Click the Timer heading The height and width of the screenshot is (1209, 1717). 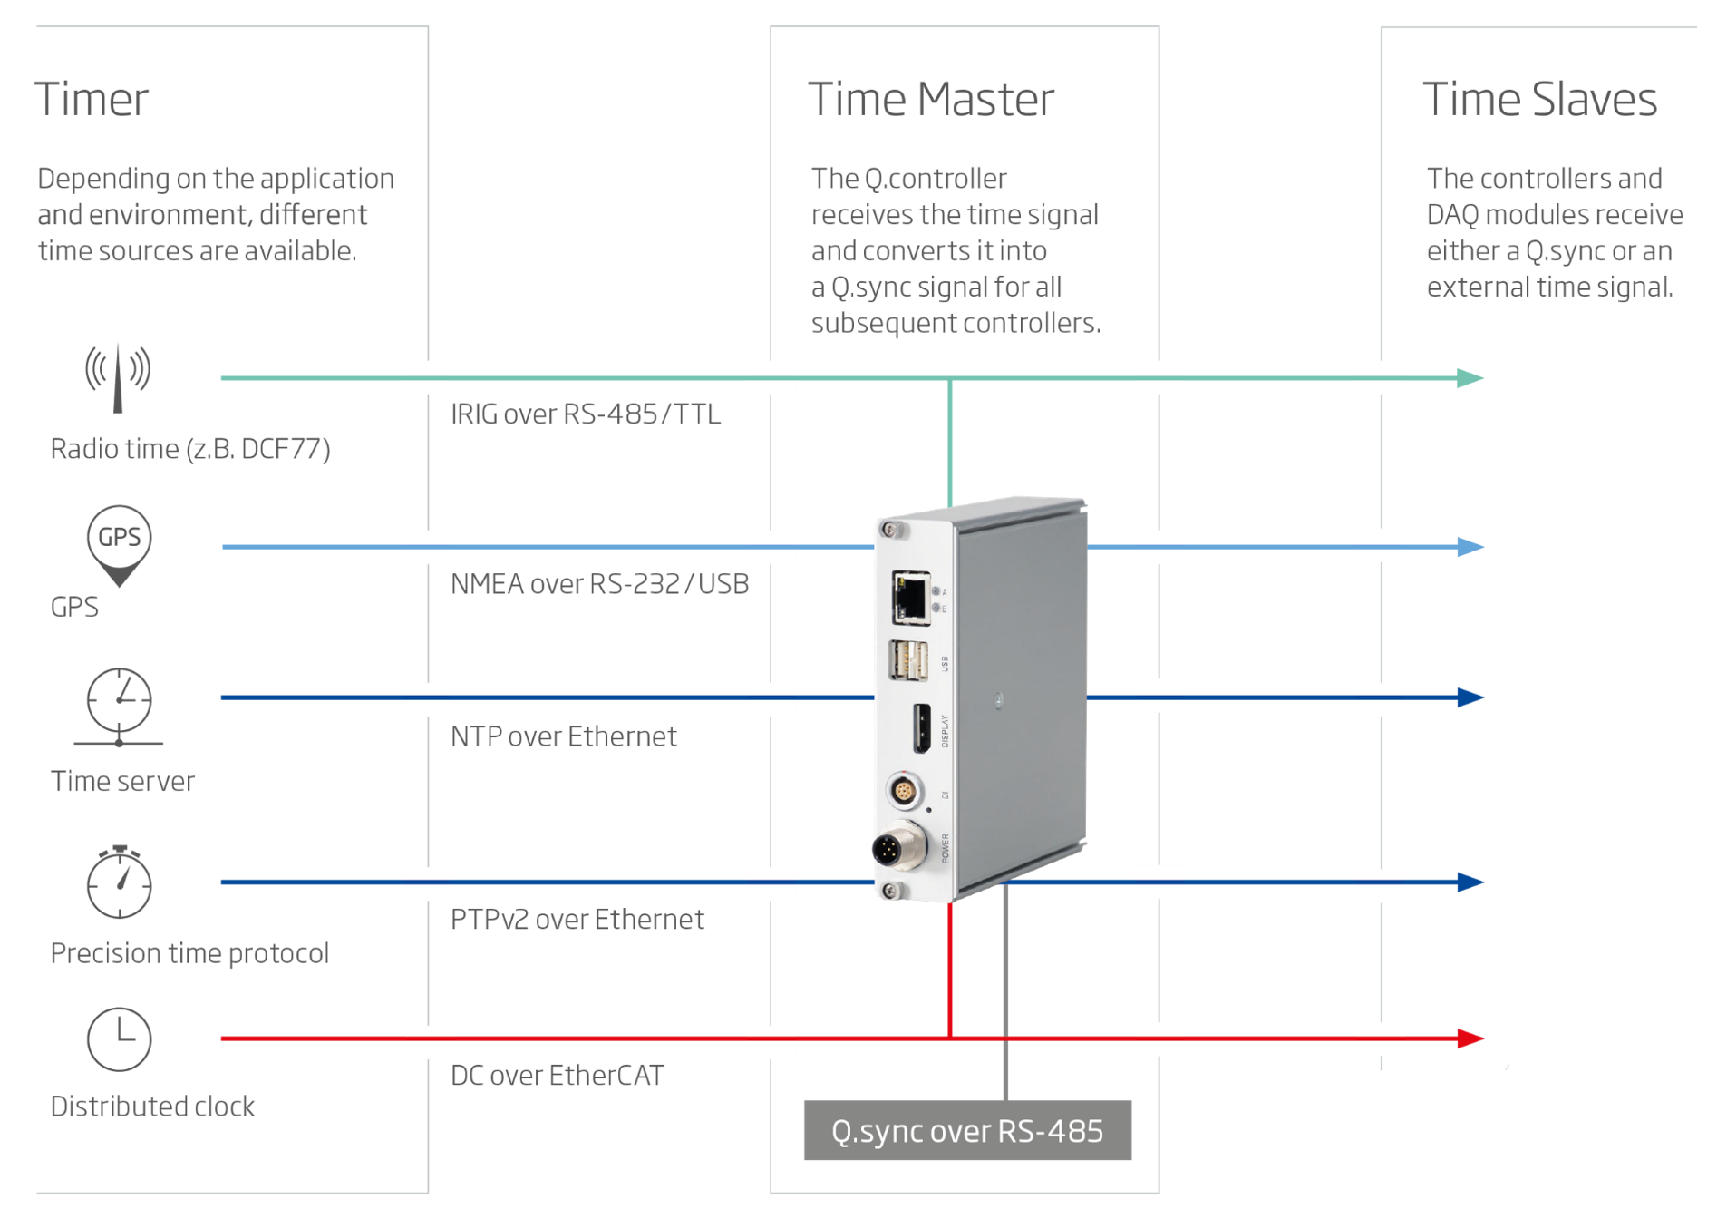point(92,99)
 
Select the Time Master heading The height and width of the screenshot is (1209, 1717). point(931,99)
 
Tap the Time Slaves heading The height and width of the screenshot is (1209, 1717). point(1539,99)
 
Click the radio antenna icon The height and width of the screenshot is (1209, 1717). point(118,378)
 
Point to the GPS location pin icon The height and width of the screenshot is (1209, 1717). point(119,545)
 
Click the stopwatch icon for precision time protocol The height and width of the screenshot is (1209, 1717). point(119,882)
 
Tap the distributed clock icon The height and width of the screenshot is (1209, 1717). point(119,1038)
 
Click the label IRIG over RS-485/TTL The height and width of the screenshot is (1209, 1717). point(586,414)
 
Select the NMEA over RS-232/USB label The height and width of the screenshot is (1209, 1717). point(599,584)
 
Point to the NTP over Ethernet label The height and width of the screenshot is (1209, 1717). point(563,736)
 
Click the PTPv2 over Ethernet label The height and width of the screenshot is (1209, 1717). point(577,920)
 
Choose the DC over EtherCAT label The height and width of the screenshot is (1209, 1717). point(557,1076)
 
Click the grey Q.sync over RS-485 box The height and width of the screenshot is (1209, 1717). point(967,1130)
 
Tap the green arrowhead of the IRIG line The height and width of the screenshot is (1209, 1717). point(1470,378)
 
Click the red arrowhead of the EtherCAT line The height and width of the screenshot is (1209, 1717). point(1470,1038)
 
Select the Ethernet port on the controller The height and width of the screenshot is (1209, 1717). point(910,599)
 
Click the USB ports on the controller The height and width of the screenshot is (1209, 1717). point(908,660)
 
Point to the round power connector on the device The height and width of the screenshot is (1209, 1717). point(898,848)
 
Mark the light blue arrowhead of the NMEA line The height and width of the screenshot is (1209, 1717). point(1470,547)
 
